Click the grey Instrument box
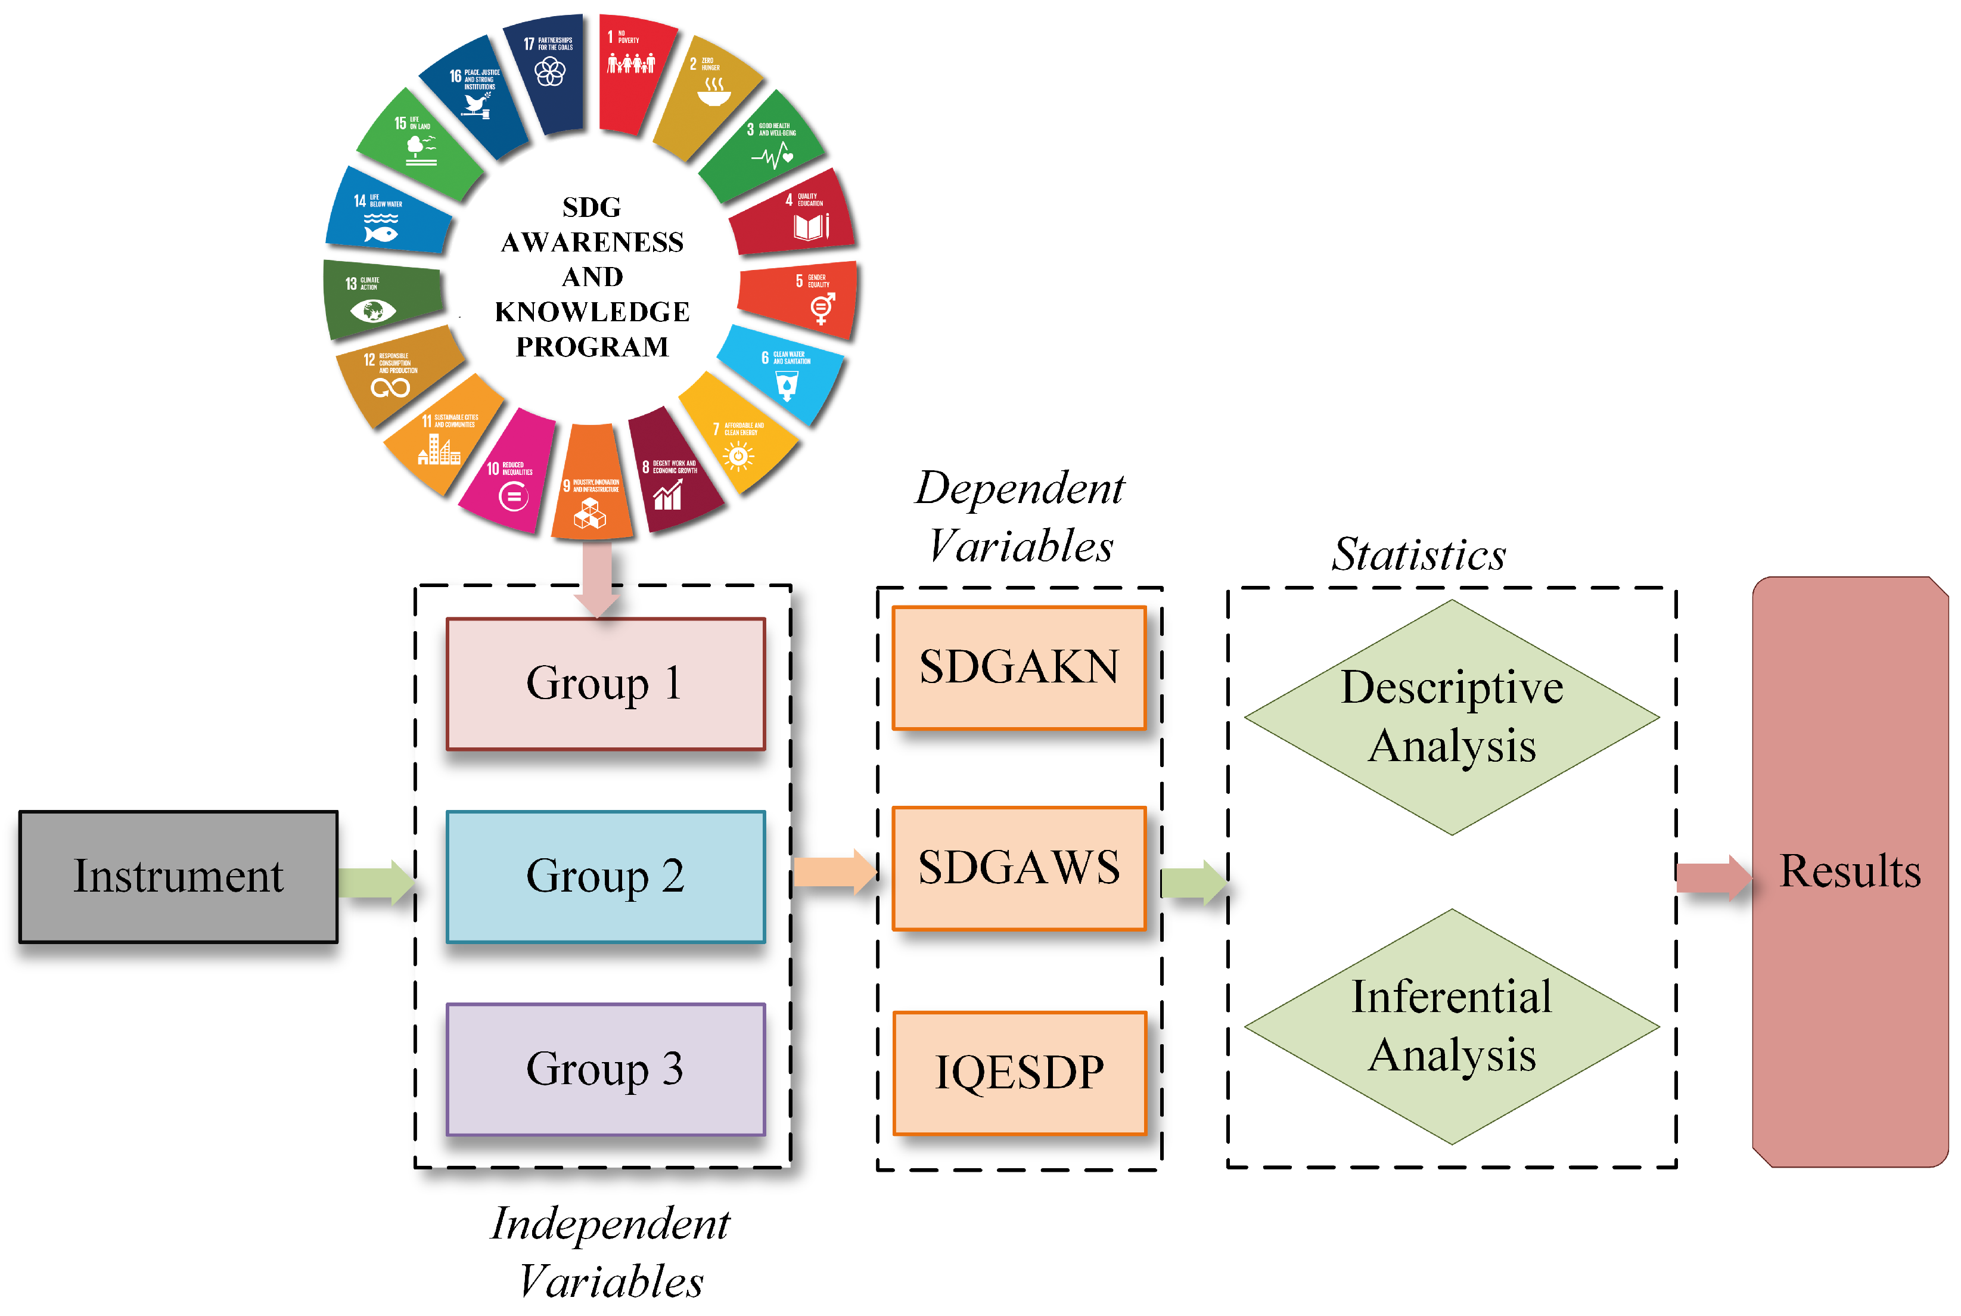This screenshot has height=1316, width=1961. (178, 876)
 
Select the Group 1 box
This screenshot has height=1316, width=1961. (605, 683)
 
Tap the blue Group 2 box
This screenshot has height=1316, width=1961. (605, 876)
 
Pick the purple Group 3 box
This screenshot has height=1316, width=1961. (605, 1069)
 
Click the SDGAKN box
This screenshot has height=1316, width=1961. (1019, 667)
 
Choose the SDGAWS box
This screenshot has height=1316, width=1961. (1019, 868)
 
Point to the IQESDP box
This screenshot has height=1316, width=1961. (1019, 1073)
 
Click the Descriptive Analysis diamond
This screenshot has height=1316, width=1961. (1451, 717)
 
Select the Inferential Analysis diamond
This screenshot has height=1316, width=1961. (1451, 1026)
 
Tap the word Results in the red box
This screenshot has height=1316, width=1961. (1850, 871)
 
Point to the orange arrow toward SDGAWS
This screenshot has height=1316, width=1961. (833, 872)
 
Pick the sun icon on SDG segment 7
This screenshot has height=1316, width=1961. (738, 456)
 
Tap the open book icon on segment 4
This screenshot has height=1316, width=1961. (810, 226)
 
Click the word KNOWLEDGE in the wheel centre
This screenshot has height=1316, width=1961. (592, 312)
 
